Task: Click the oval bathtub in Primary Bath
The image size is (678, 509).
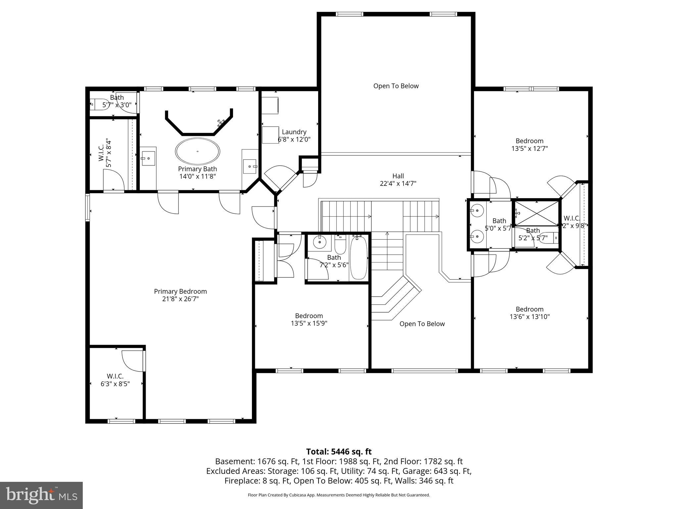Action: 197,151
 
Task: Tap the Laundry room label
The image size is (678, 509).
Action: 294,132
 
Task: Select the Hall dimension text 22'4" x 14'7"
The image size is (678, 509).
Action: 398,183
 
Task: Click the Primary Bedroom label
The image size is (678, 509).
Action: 180,291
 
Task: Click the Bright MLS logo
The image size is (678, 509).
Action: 41,495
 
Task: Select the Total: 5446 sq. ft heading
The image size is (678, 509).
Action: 339,452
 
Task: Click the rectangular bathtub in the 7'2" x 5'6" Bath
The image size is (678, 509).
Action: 359,257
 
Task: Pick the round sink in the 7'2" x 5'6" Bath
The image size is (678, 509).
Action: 320,242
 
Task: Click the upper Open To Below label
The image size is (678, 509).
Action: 396,86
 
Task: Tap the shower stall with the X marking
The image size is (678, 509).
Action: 536,212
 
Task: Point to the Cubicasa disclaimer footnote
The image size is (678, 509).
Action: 339,495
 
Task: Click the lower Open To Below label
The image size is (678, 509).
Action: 422,324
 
